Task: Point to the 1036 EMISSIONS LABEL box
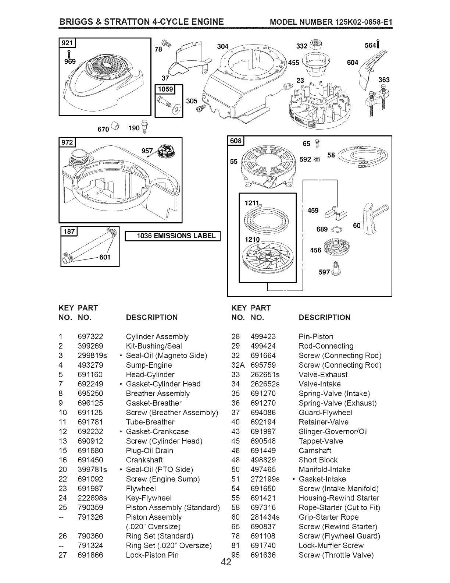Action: [x=172, y=236]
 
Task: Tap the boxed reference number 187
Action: [x=69, y=231]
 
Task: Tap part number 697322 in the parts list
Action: [x=90, y=336]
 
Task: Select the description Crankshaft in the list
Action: [x=144, y=460]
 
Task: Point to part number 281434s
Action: [x=265, y=517]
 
